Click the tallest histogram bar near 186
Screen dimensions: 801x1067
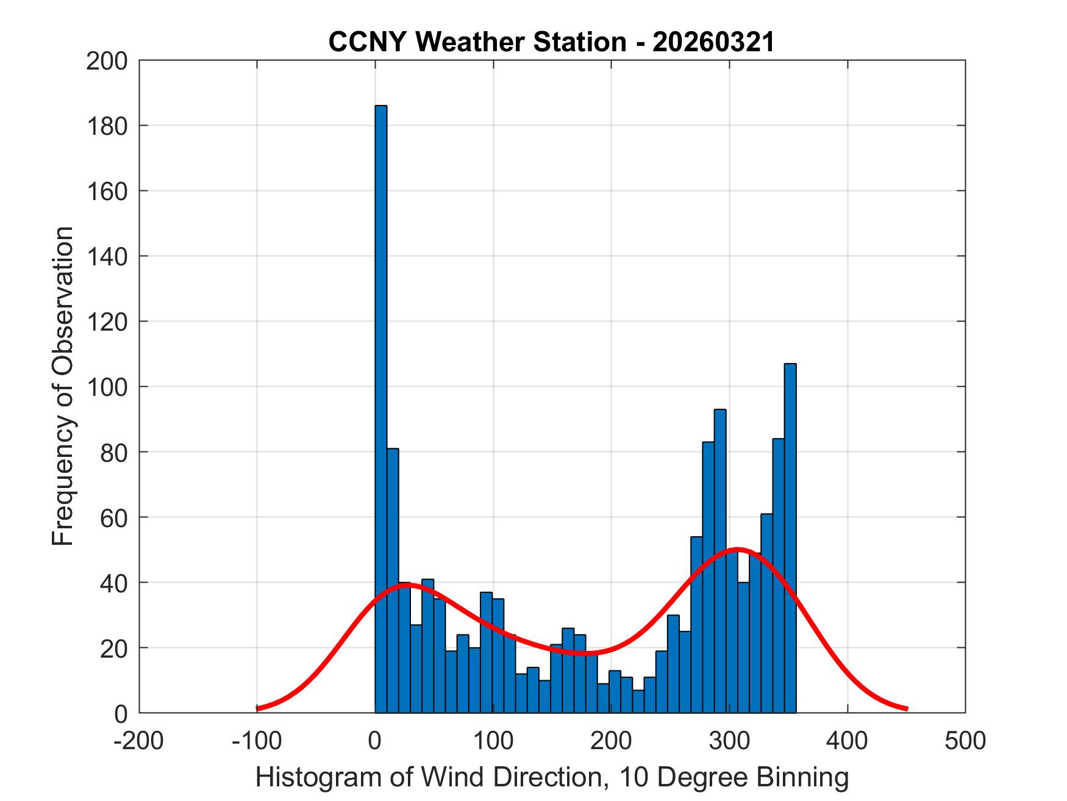tap(380, 409)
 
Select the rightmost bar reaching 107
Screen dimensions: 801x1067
tap(790, 537)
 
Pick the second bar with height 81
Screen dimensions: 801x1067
tap(393, 580)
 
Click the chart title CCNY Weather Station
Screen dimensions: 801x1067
tap(476, 42)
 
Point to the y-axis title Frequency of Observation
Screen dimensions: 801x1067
tap(63, 387)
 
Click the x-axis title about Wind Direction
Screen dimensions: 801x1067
tap(552, 777)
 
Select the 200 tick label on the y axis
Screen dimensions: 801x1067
tap(107, 61)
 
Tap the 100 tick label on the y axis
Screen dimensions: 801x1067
tap(107, 387)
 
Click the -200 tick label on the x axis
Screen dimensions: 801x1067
tap(139, 741)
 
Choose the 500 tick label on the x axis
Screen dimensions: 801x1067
tap(965, 741)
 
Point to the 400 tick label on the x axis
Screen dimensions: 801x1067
tap(847, 741)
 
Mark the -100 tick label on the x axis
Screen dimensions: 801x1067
tap(257, 741)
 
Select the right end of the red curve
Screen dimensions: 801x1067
tap(907, 708)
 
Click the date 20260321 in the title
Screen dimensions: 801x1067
tap(713, 42)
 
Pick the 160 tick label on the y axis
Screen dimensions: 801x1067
tap(107, 191)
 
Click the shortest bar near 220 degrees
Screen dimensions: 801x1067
tap(638, 702)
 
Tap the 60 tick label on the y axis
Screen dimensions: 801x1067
tap(113, 517)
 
